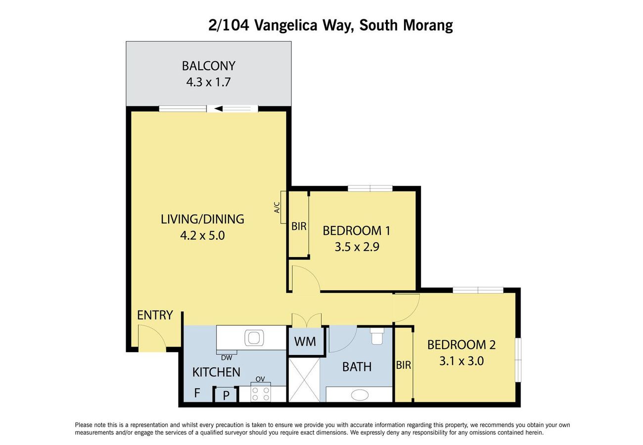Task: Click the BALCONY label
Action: pos(208,66)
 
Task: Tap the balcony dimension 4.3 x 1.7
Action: pos(208,83)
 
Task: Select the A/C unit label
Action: pos(277,208)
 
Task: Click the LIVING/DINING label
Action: pos(202,219)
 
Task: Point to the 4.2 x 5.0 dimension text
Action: pos(202,235)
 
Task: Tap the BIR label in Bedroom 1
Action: pos(299,226)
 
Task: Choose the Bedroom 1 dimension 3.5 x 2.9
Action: pos(357,247)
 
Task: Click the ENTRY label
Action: pos(155,315)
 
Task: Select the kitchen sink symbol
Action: pos(254,338)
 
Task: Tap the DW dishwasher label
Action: pos(227,358)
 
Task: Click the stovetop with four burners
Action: pos(261,394)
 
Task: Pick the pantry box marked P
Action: pos(226,395)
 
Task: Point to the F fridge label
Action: pos(197,393)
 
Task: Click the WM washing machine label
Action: pos(305,342)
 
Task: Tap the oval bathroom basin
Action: pos(360,395)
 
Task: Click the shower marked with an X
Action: pos(304,380)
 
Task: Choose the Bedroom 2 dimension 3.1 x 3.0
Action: pos(461,361)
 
